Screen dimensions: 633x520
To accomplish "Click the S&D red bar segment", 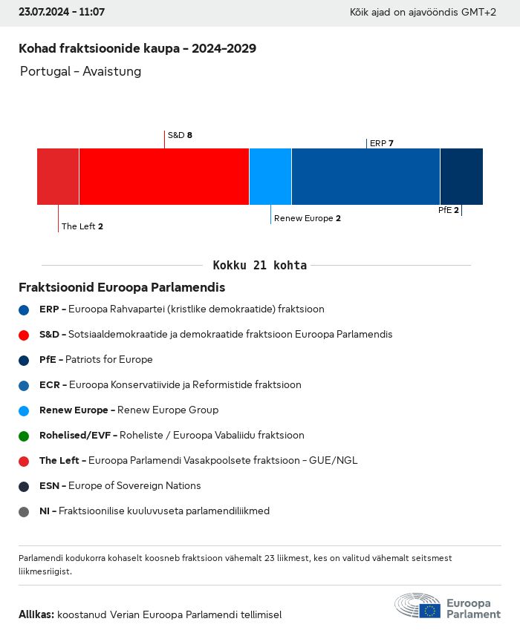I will (x=163, y=176).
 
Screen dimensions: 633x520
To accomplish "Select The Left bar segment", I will (x=58, y=176).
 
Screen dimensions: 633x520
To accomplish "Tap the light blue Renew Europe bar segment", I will (x=270, y=176).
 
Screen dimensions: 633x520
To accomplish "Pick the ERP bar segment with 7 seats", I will (x=365, y=176).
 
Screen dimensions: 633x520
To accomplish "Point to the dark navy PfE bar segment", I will (x=461, y=176).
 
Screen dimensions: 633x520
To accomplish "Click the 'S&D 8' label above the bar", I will (x=180, y=135).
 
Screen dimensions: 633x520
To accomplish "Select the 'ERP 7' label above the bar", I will (x=381, y=143).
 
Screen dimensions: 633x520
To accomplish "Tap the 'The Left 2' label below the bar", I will (x=82, y=226).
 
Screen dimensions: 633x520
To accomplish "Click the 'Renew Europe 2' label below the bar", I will (x=307, y=218).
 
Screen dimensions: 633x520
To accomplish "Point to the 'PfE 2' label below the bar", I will (x=448, y=210).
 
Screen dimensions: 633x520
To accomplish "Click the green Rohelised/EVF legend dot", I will (x=24, y=436).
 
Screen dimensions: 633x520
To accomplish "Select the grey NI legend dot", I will (x=24, y=511).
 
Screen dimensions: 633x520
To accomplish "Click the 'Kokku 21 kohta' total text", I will (x=259, y=265).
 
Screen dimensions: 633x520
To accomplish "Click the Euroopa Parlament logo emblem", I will (x=417, y=605).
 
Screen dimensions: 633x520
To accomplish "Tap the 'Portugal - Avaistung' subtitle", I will (x=80, y=72).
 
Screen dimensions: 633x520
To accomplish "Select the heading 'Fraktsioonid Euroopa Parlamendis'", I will (x=122, y=287).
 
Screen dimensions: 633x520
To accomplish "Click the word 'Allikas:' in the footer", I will (x=36, y=614).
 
